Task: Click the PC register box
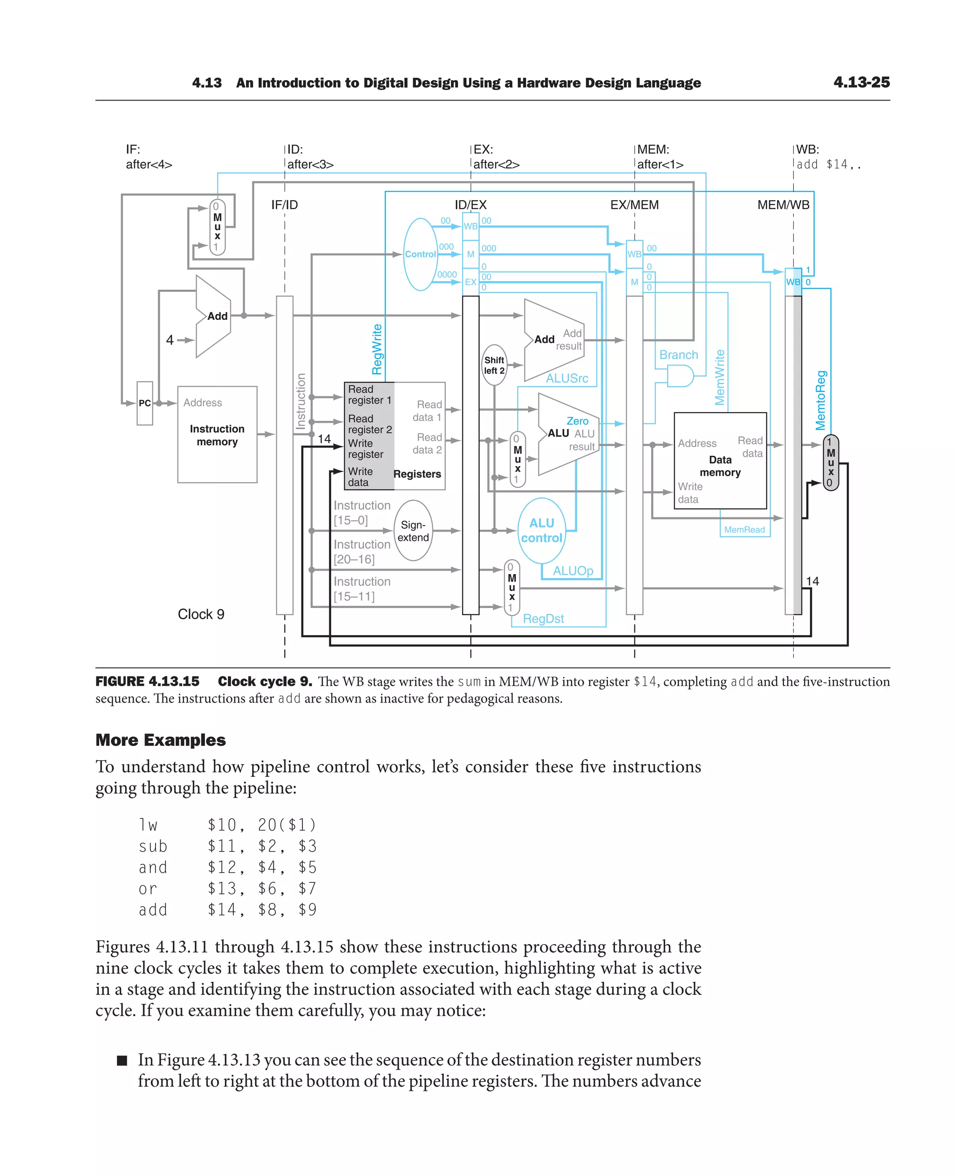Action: tap(144, 403)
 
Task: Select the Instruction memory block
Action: tap(217, 434)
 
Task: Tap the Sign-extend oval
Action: tap(413, 531)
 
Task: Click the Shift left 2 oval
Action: tap(494, 365)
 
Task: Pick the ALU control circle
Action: tap(542, 531)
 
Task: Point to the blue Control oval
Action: tap(420, 254)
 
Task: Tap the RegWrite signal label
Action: tap(377, 349)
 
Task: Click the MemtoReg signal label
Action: tap(820, 400)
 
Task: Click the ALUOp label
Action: tap(572, 571)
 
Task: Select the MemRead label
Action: tap(744, 529)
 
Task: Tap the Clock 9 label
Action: tap(201, 614)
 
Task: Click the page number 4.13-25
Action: tap(861, 82)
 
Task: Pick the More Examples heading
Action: tap(160, 740)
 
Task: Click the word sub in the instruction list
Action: tap(153, 846)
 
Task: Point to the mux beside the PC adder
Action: tap(217, 227)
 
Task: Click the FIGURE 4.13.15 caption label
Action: tap(147, 682)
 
